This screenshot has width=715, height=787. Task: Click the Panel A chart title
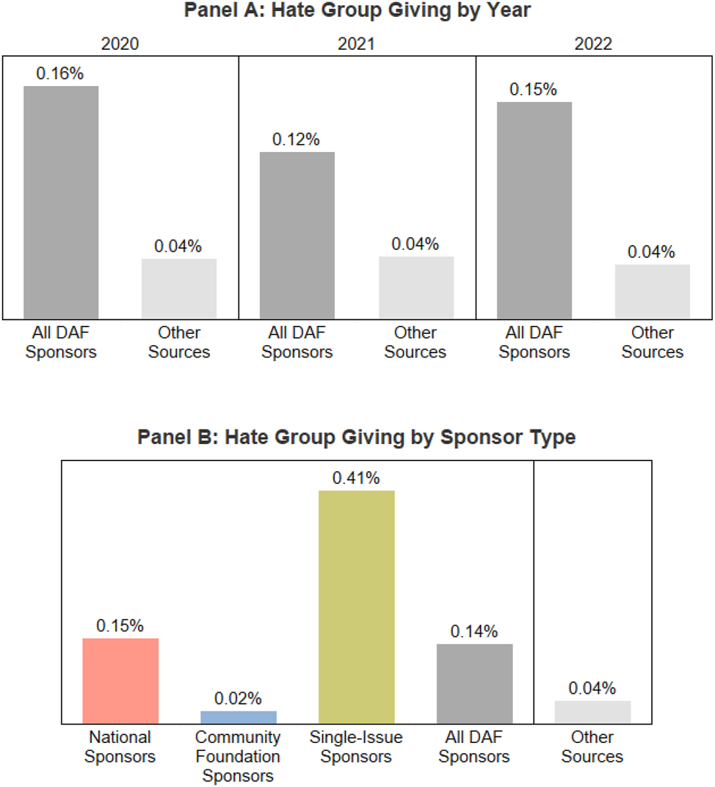click(x=357, y=11)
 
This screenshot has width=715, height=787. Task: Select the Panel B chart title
click(x=357, y=438)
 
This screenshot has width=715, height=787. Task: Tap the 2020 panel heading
click(x=120, y=43)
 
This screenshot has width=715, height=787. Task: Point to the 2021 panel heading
click(x=357, y=43)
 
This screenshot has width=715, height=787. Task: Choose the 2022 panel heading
click(x=593, y=43)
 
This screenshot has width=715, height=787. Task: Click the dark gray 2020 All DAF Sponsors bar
click(x=61, y=202)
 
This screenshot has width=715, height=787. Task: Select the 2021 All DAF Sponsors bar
click(x=297, y=235)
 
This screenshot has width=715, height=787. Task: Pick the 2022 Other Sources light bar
click(x=653, y=291)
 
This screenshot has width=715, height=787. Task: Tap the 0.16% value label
click(x=61, y=74)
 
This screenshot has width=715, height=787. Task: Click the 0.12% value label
click(x=297, y=139)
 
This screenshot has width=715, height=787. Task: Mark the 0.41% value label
click(x=357, y=479)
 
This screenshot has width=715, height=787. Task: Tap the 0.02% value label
click(x=239, y=699)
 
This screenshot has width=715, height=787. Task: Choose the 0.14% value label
click(x=475, y=631)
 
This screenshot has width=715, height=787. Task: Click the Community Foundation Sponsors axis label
click(x=239, y=756)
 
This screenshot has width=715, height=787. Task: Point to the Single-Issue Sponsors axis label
click(x=357, y=747)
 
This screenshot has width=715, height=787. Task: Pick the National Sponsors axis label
click(x=120, y=747)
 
